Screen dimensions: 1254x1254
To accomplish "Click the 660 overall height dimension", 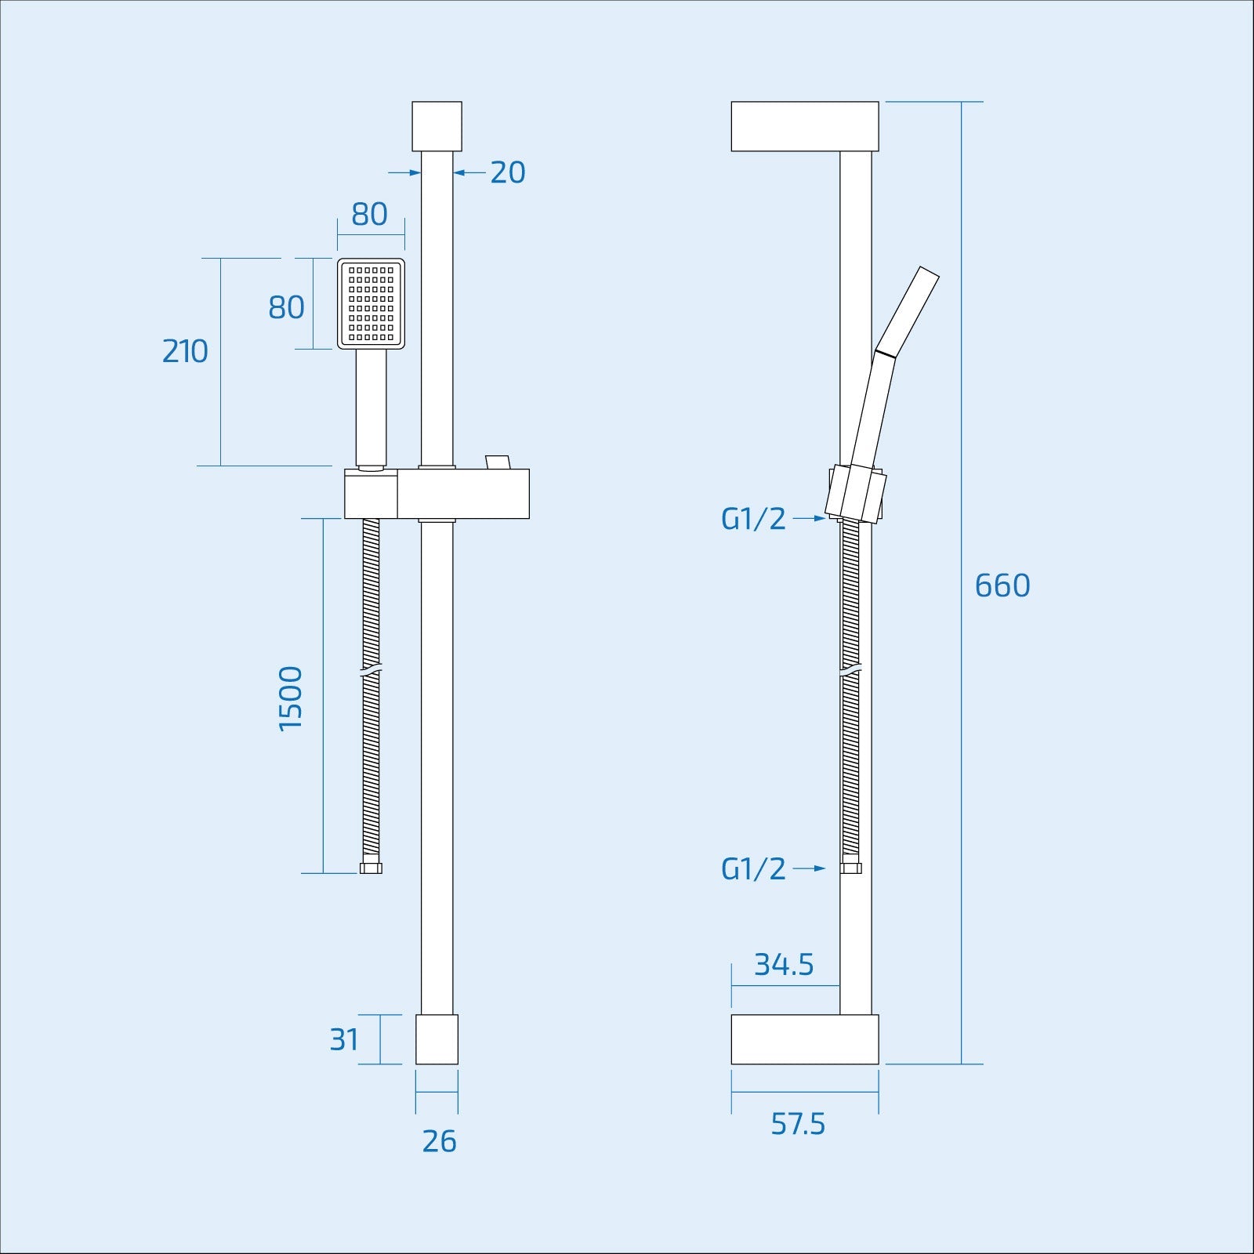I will click(x=1002, y=585).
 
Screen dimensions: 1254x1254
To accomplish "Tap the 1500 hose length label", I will click(x=291, y=698).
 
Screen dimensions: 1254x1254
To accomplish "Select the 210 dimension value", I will click(x=185, y=351).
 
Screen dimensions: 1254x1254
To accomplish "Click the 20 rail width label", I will click(x=507, y=172).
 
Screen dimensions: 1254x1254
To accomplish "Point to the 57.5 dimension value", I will click(x=798, y=1124).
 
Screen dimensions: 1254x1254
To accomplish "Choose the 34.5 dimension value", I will click(x=784, y=965).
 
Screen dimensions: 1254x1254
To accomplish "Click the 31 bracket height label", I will click(x=344, y=1039).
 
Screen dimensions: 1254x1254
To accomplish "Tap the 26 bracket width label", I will click(x=439, y=1141).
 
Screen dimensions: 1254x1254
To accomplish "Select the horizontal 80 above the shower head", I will click(x=369, y=214).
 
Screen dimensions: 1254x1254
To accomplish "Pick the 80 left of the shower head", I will click(x=286, y=307).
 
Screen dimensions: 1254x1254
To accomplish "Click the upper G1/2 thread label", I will click(x=753, y=519).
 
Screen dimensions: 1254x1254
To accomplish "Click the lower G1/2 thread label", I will click(x=753, y=868).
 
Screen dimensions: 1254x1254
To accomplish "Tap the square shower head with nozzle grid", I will click(x=371, y=304).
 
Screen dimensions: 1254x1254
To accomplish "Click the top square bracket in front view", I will click(x=437, y=125).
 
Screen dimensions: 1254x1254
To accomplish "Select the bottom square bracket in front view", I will click(x=437, y=1039).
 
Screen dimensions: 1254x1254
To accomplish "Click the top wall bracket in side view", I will click(x=804, y=126).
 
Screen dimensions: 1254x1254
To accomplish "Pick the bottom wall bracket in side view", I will click(x=804, y=1039).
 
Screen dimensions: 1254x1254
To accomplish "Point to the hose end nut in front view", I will click(x=371, y=868).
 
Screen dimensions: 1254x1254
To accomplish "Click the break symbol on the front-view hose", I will click(x=371, y=672).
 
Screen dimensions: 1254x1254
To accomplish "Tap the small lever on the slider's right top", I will click(x=497, y=462).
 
